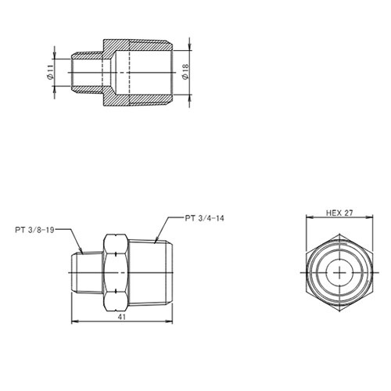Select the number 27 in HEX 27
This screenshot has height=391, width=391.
pyautogui.click(x=350, y=213)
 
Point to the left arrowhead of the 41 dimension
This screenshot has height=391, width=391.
pyautogui.click(x=74, y=321)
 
